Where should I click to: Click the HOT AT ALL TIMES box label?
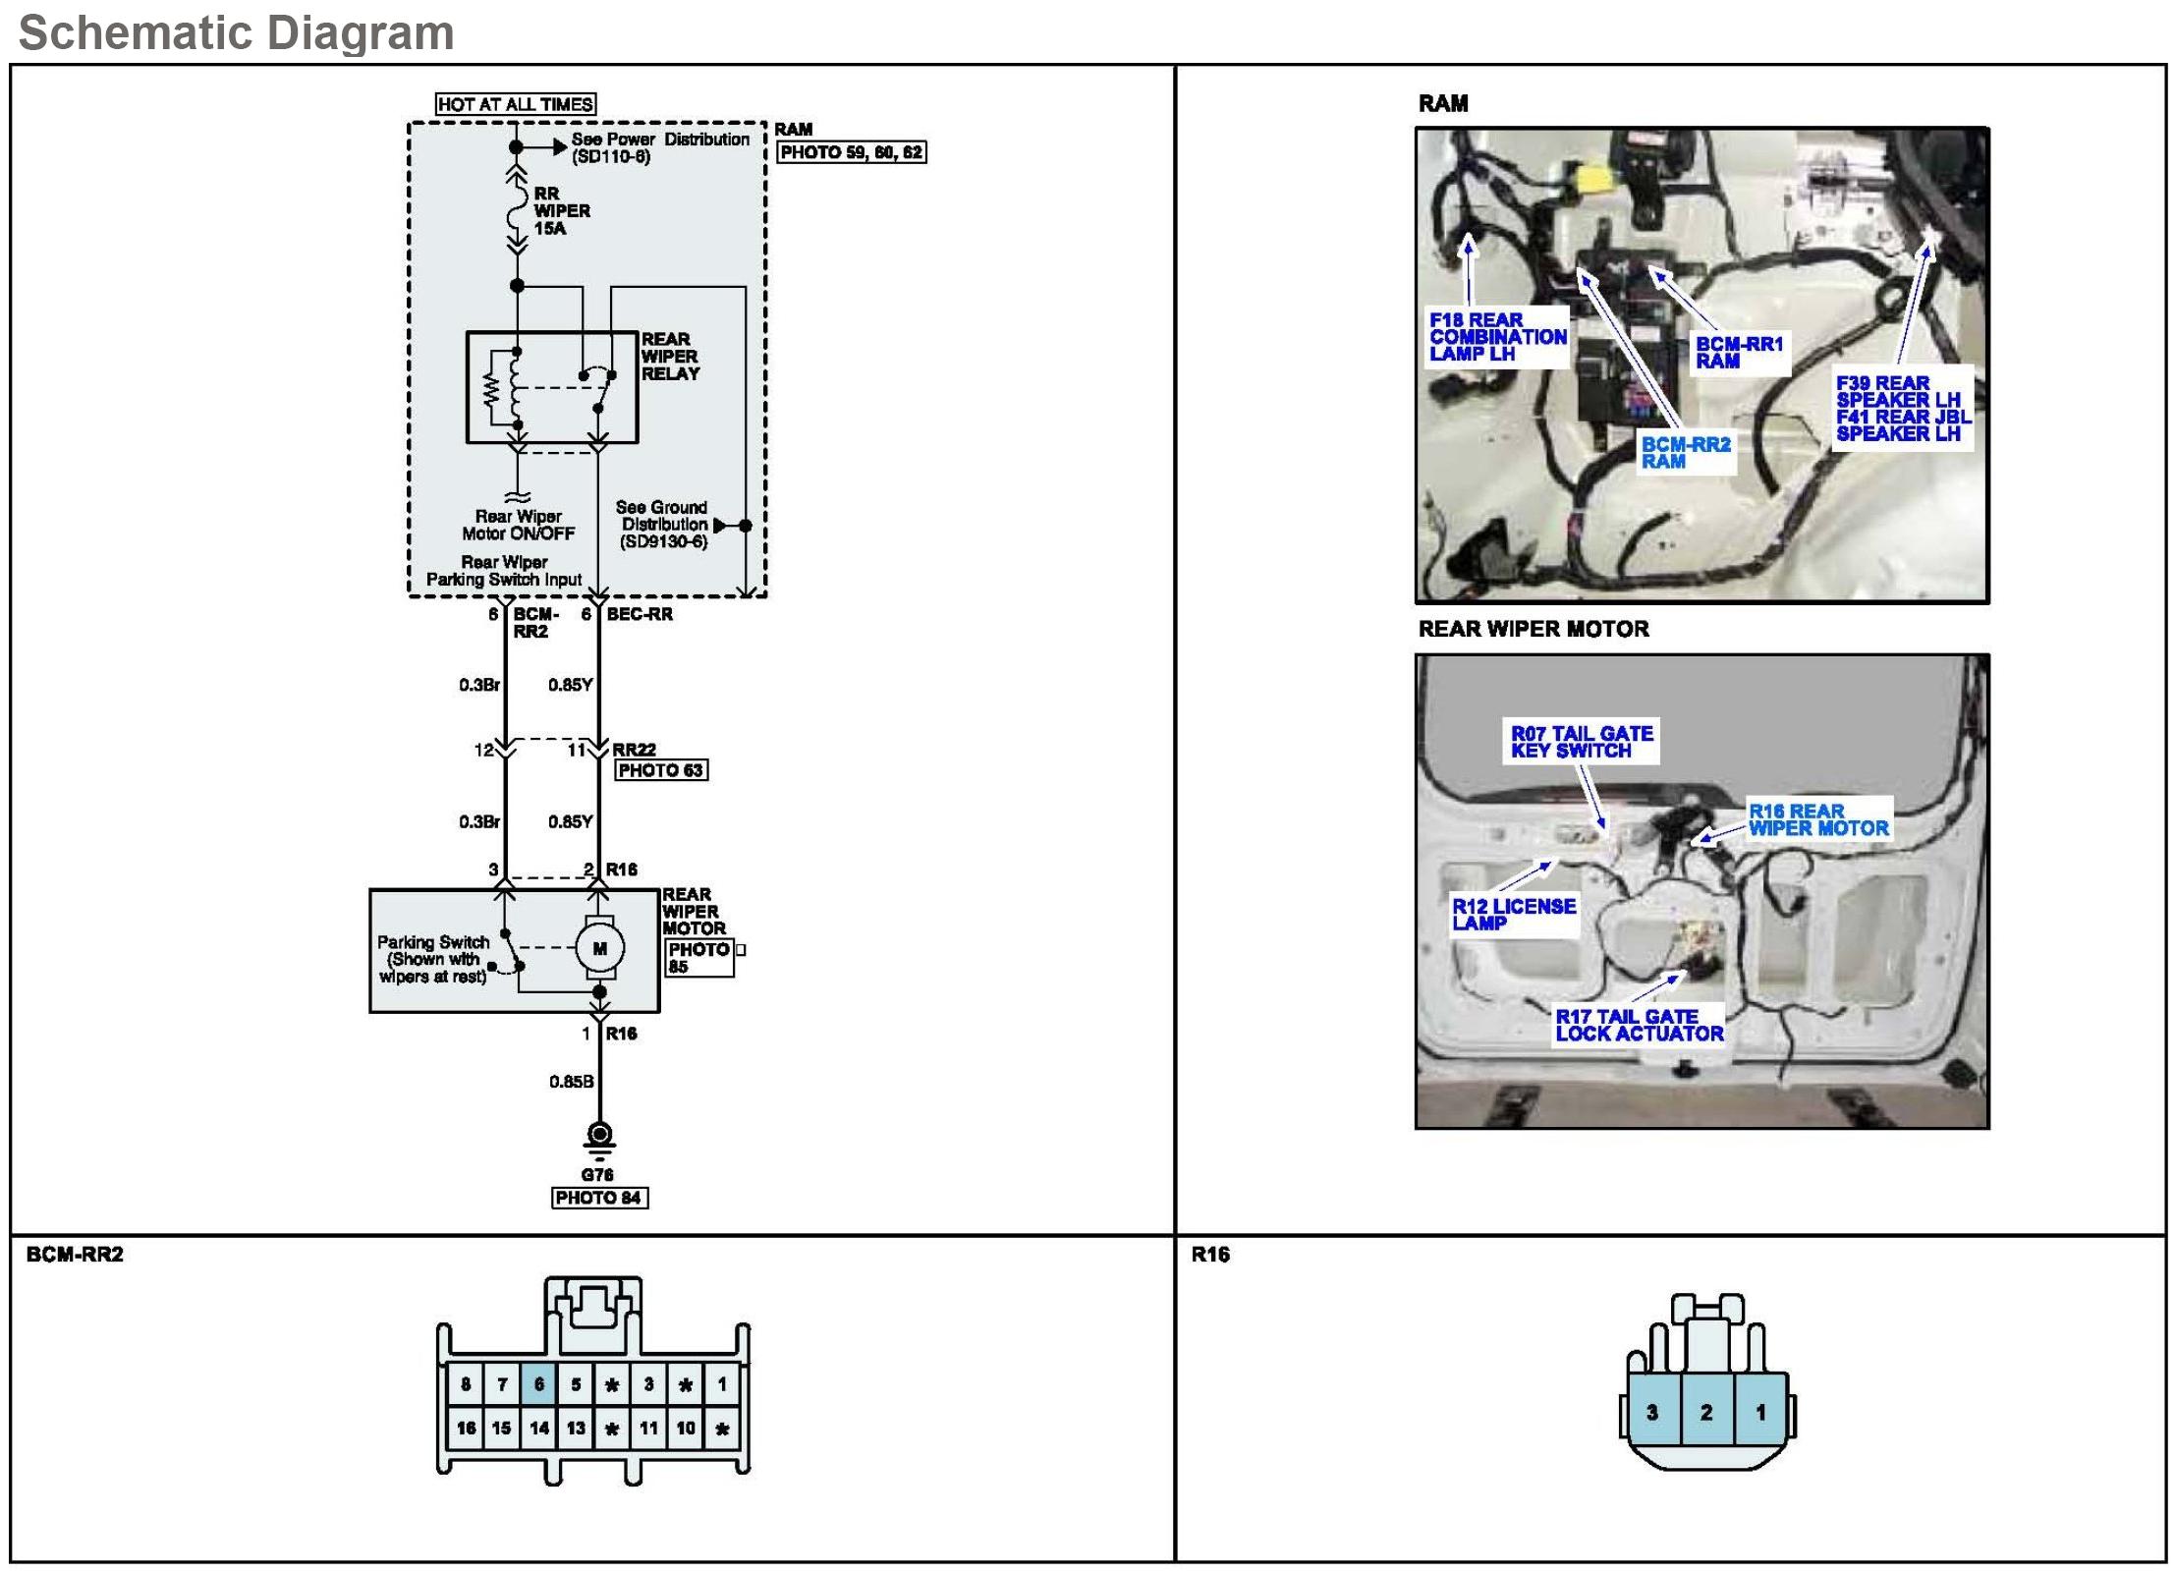515,104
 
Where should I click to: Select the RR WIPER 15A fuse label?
561,211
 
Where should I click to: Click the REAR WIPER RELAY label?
670,357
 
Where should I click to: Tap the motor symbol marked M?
599,948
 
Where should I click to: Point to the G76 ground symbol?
598,1138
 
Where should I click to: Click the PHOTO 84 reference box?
598,1198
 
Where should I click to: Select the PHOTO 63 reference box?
660,770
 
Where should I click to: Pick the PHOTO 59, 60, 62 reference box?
851,152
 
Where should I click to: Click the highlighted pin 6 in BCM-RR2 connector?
538,1384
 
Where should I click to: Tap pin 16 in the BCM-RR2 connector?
466,1428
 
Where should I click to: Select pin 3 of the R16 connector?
1652,1412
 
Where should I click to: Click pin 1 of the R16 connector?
1760,1412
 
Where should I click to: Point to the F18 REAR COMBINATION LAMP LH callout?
1496,337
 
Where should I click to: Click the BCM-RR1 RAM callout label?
1738,353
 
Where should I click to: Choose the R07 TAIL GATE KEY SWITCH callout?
1582,742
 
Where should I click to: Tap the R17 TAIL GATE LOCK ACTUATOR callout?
1639,1026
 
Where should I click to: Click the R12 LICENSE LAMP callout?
1513,914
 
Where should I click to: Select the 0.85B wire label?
571,1082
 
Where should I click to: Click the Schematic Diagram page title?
237,32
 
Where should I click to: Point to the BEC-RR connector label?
640,614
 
